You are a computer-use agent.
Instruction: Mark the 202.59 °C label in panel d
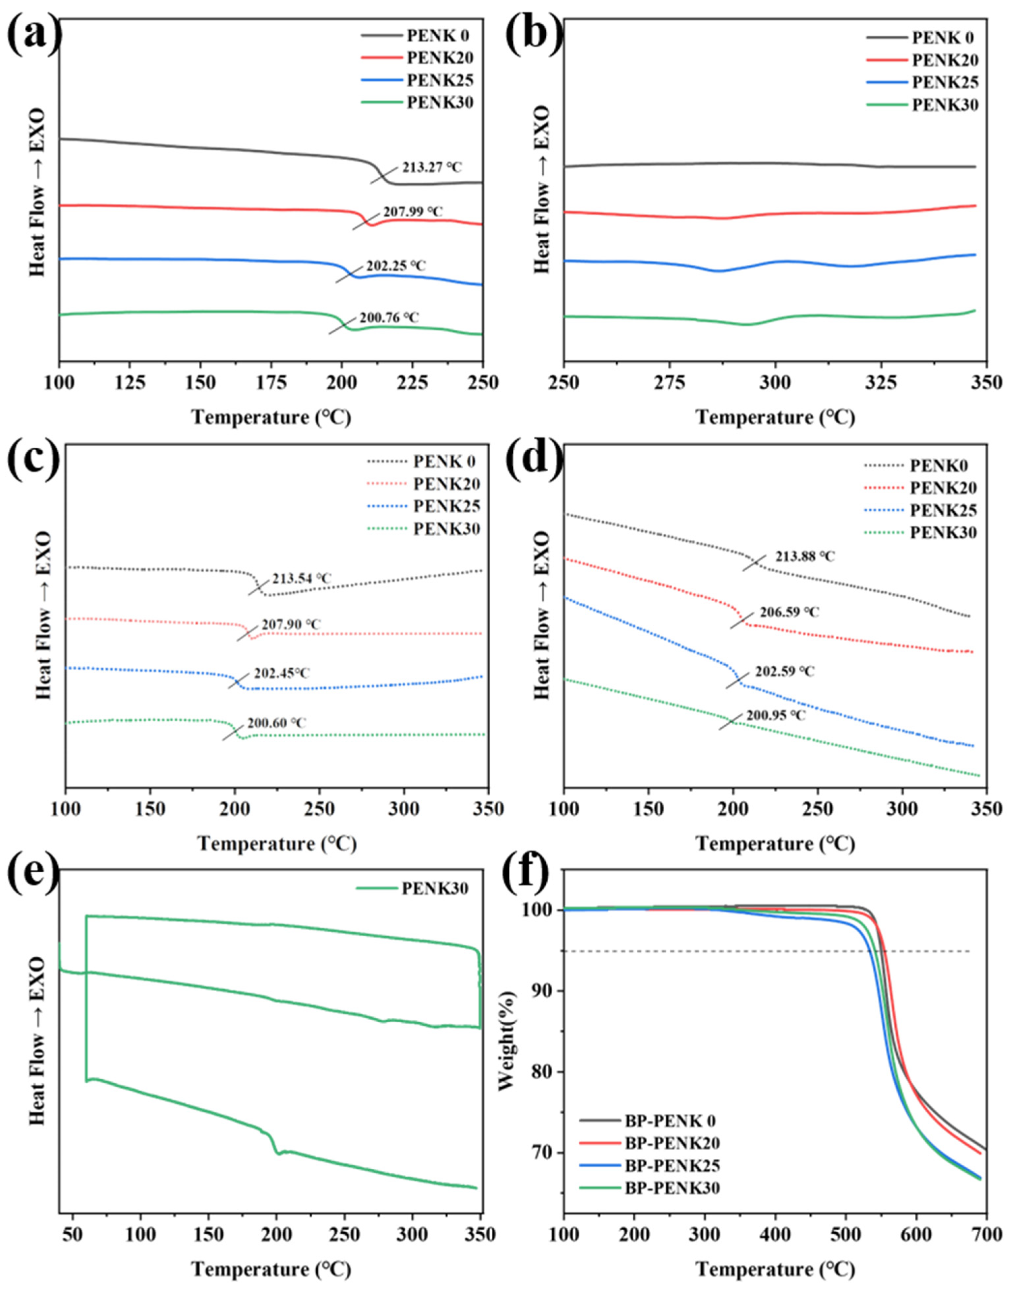(x=785, y=672)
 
